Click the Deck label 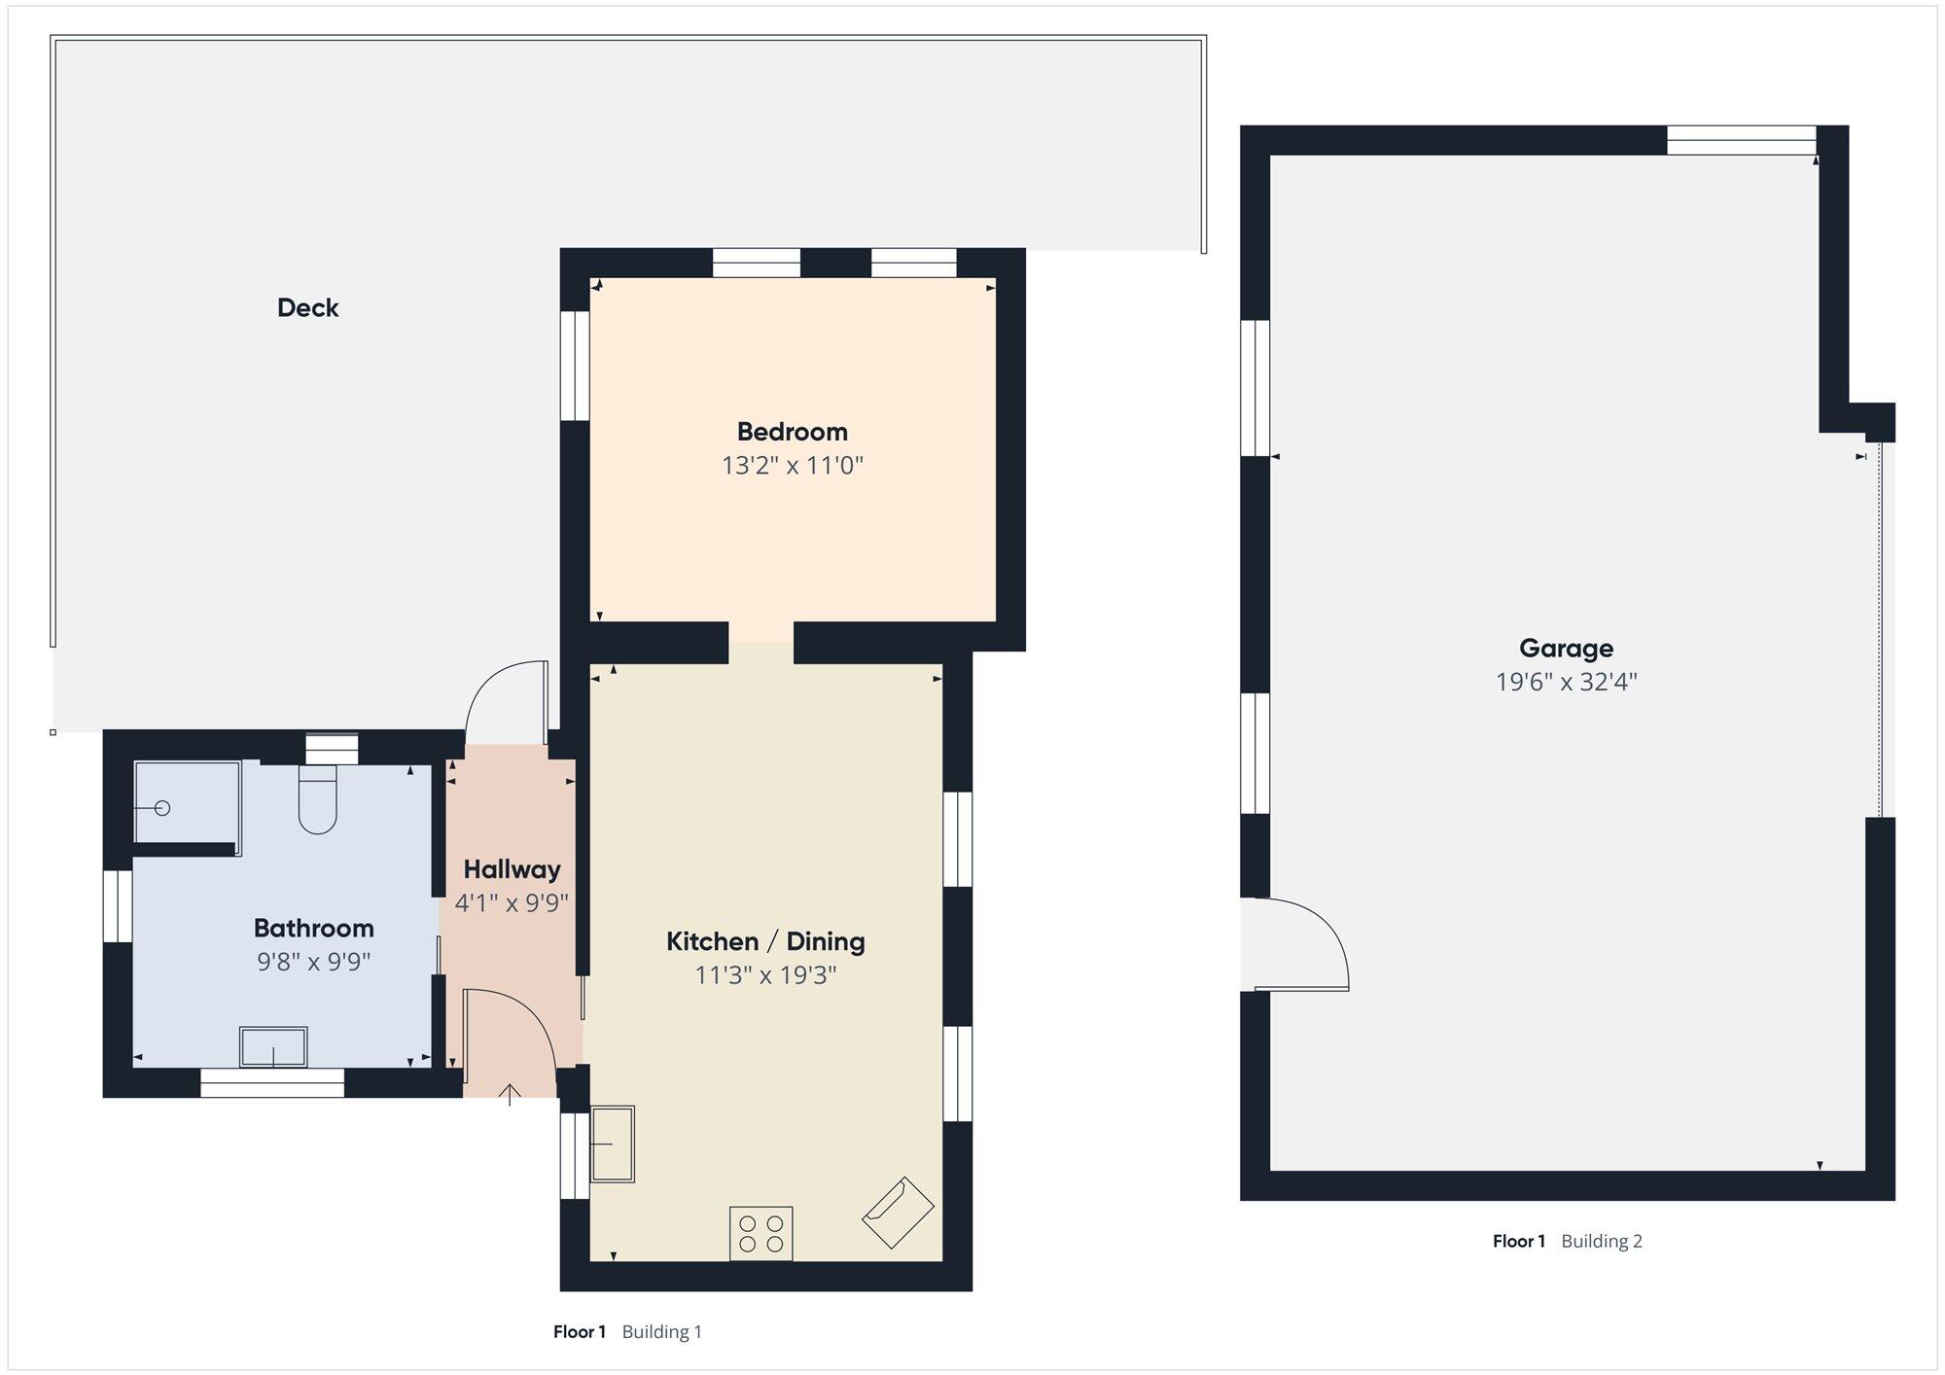[307, 308]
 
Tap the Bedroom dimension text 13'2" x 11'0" [793, 466]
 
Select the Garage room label [1566, 649]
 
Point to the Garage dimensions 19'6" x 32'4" [1566, 682]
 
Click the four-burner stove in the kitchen [761, 1234]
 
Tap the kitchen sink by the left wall [613, 1144]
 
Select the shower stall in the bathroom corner [187, 802]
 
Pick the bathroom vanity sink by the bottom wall [273, 1047]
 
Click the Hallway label [512, 869]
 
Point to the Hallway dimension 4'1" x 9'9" [512, 903]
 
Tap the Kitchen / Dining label [765, 941]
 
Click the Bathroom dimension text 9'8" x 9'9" [313, 962]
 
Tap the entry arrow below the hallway [510, 1095]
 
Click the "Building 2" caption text [1602, 1241]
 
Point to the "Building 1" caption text [661, 1332]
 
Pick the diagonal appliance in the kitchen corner [898, 1213]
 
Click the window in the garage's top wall [1741, 141]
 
